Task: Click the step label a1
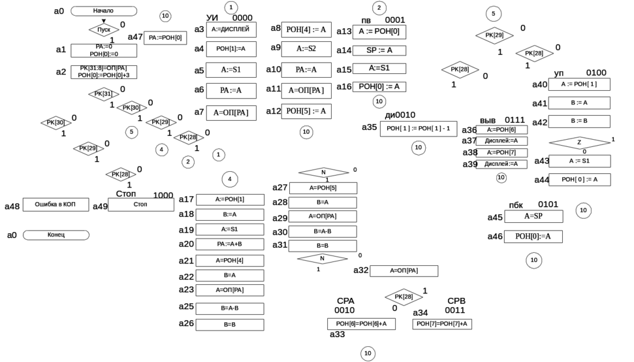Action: point(60,49)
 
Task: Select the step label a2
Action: point(60,70)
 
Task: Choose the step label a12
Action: point(274,110)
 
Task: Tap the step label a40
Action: point(540,84)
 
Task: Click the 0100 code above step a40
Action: point(596,73)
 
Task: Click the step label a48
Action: point(12,206)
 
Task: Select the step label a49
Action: point(99,206)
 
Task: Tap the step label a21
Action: point(186,259)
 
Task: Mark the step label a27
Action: point(279,188)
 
